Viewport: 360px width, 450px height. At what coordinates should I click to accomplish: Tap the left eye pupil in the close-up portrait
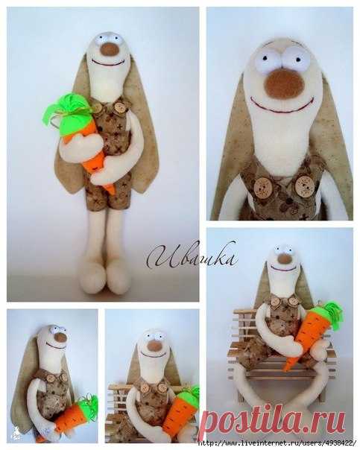pos(265,58)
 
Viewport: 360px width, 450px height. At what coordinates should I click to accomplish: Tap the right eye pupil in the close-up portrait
pos(298,60)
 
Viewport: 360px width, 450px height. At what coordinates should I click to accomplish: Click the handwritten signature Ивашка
pos(192,255)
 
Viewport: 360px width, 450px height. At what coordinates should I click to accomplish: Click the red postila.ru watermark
pos(273,420)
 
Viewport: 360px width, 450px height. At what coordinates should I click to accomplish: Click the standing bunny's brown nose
pos(110,49)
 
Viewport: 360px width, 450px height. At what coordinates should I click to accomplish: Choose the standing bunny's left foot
pos(92,279)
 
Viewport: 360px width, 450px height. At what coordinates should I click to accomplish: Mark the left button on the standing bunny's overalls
pos(97,108)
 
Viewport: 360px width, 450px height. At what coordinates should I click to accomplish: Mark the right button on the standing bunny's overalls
pos(119,108)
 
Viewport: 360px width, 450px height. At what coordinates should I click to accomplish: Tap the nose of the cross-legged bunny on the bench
pos(285,259)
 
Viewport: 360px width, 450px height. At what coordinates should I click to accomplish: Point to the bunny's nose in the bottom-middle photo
pos(154,345)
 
